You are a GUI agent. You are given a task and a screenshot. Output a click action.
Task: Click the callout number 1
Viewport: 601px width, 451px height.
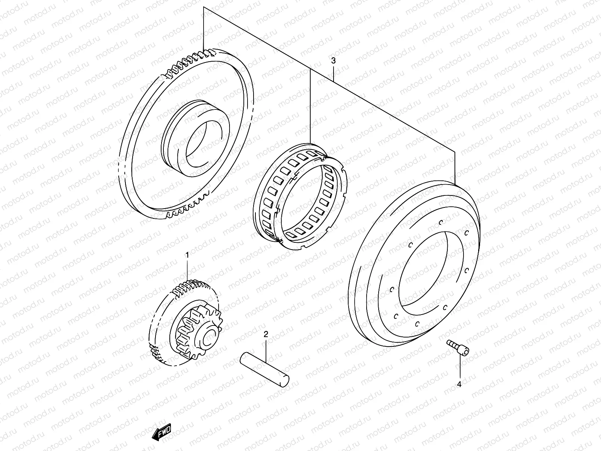[187, 255]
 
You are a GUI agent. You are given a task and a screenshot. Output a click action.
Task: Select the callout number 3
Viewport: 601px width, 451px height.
[333, 61]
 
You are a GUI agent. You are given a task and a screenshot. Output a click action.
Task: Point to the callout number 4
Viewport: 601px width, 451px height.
[459, 384]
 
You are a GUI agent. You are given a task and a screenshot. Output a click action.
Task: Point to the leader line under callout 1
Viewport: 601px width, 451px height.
[187, 271]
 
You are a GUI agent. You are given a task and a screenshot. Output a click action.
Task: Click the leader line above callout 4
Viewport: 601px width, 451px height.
[459, 366]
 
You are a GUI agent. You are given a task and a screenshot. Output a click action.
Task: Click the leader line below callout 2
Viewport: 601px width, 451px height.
[266, 350]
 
